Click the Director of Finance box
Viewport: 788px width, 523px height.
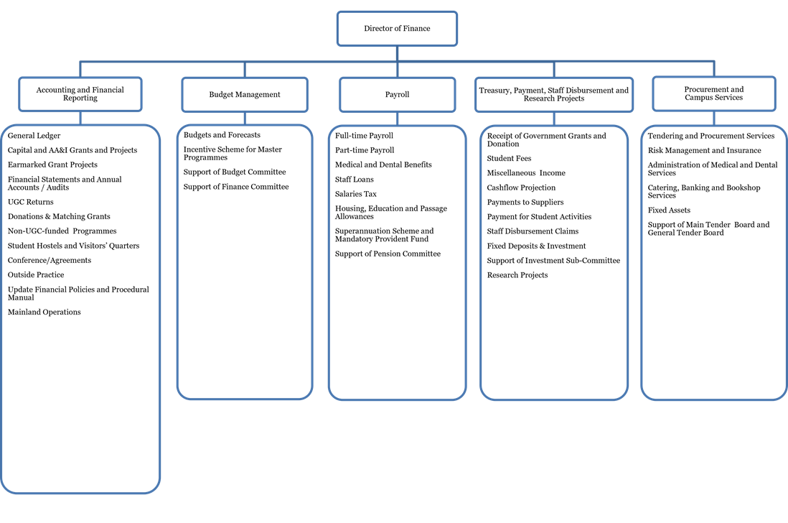397,29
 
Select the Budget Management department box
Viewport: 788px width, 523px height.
245,95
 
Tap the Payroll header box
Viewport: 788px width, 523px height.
397,95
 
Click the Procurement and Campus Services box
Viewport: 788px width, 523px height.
714,93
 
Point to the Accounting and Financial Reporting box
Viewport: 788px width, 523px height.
80,94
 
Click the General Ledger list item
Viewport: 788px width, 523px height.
34,136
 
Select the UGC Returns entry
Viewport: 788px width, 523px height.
31,202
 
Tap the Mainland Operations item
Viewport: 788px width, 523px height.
44,313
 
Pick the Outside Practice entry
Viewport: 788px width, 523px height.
36,275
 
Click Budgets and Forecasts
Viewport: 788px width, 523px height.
222,135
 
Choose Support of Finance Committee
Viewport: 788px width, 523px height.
236,187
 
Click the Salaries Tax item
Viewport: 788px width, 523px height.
356,194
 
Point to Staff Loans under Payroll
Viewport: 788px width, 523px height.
355,180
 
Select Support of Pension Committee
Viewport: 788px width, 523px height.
388,254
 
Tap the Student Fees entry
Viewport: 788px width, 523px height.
509,158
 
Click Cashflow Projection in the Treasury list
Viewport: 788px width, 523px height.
521,188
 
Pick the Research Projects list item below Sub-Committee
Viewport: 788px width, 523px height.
517,275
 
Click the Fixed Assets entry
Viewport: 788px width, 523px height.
669,210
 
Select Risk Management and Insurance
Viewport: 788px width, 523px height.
705,150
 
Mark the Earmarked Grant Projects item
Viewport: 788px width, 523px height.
53,165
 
